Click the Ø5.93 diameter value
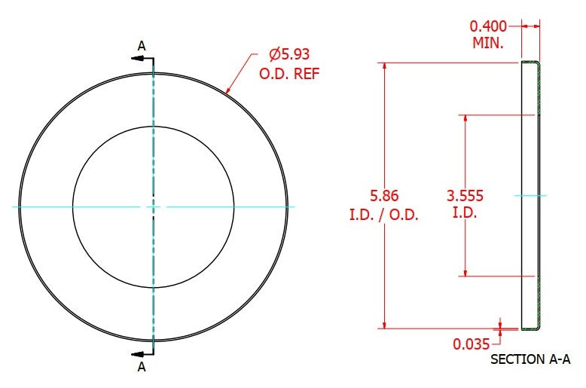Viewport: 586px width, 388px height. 289,54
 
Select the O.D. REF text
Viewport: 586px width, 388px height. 290,74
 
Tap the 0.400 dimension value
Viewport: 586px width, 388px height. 488,26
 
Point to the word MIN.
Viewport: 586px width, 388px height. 488,43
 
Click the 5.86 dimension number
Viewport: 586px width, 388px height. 384,195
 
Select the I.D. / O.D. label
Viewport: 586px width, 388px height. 384,215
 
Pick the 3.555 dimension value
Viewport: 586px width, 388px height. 465,195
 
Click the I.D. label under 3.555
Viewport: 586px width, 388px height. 465,212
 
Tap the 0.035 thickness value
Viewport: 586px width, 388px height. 472,344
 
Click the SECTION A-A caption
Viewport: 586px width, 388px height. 530,359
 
